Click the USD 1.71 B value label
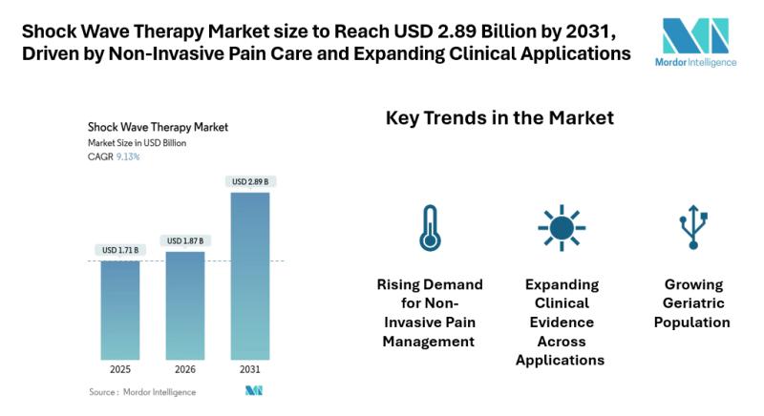(120, 250)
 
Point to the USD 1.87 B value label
(185, 240)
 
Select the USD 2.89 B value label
(250, 181)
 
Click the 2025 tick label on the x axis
(120, 368)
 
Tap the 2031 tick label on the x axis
(250, 368)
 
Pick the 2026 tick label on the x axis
(185, 368)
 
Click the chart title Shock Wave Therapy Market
(158, 126)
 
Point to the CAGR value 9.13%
(127, 156)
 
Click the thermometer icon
(430, 227)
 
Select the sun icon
(561, 227)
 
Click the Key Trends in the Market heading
(499, 118)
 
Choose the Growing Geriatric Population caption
(691, 303)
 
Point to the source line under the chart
(142, 391)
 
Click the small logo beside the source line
(253, 390)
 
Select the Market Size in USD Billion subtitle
(137, 142)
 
